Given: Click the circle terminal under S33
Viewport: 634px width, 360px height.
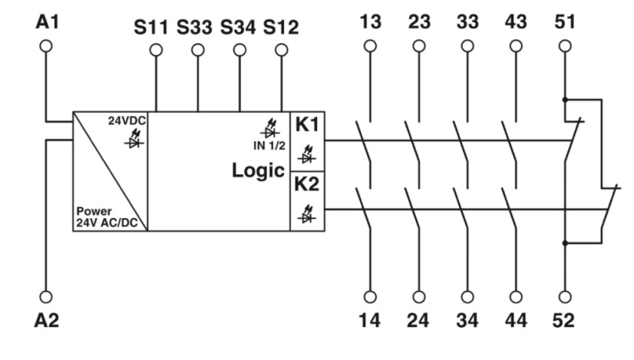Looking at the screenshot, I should pyautogui.click(x=198, y=51).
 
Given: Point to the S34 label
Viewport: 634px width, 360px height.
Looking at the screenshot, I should pyautogui.click(x=240, y=28).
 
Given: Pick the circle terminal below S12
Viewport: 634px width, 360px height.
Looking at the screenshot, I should pyautogui.click(x=282, y=51).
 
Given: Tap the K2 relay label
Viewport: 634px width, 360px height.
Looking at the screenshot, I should pyautogui.click(x=307, y=185).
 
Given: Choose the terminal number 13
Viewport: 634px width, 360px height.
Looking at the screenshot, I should pyautogui.click(x=371, y=24).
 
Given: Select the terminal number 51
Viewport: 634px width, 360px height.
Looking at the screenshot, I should pyautogui.click(x=565, y=24).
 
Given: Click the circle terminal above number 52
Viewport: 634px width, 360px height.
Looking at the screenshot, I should pyautogui.click(x=565, y=296).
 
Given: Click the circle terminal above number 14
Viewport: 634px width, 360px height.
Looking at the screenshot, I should pyautogui.click(x=371, y=296).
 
